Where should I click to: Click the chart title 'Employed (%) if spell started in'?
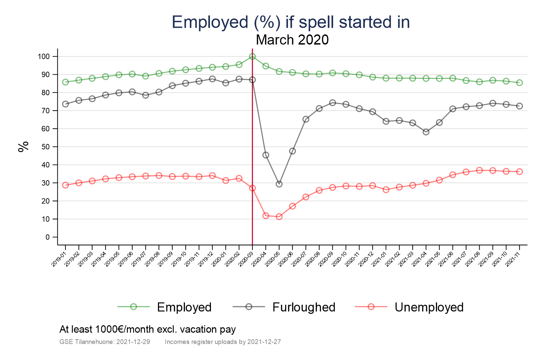click(x=291, y=22)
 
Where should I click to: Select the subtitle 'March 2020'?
click(x=292, y=40)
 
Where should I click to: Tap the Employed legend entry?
click(x=184, y=307)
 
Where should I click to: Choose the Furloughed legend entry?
click(x=303, y=307)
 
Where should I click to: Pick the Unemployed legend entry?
click(x=429, y=307)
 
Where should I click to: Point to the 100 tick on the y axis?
click(x=44, y=56)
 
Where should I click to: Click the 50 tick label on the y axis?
click(x=45, y=147)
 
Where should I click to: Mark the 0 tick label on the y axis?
click(x=47, y=237)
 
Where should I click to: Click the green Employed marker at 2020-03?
click(x=252, y=56)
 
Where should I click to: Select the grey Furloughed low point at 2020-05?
click(x=279, y=184)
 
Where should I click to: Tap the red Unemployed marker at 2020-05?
click(x=279, y=217)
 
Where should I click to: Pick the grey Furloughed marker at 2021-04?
click(x=426, y=132)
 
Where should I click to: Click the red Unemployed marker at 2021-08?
click(x=479, y=170)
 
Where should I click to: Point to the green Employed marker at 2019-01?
click(x=65, y=82)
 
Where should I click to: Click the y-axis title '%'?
click(x=23, y=147)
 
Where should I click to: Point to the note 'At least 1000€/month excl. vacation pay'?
click(x=147, y=329)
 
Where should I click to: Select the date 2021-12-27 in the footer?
click(x=264, y=342)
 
